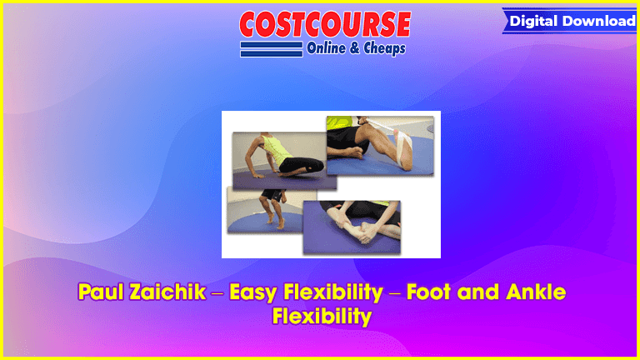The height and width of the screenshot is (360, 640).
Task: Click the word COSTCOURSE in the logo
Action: click(x=325, y=24)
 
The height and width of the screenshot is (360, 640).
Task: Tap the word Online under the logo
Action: click(x=326, y=48)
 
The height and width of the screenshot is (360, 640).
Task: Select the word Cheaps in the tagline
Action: click(x=384, y=48)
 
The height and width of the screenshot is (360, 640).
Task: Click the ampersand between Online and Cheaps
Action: click(x=354, y=48)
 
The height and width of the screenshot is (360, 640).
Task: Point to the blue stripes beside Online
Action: click(x=272, y=49)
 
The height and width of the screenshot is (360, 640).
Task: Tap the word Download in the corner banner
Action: click(x=600, y=21)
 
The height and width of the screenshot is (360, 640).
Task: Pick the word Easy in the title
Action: click(x=253, y=292)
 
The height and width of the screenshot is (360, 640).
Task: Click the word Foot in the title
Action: click(x=429, y=292)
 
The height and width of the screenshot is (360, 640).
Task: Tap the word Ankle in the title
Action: click(x=536, y=292)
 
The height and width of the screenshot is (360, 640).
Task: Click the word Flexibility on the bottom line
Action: click(x=322, y=316)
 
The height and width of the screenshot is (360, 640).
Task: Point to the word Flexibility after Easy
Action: click(x=333, y=292)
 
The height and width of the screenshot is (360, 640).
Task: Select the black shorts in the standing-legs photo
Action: click(x=272, y=195)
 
